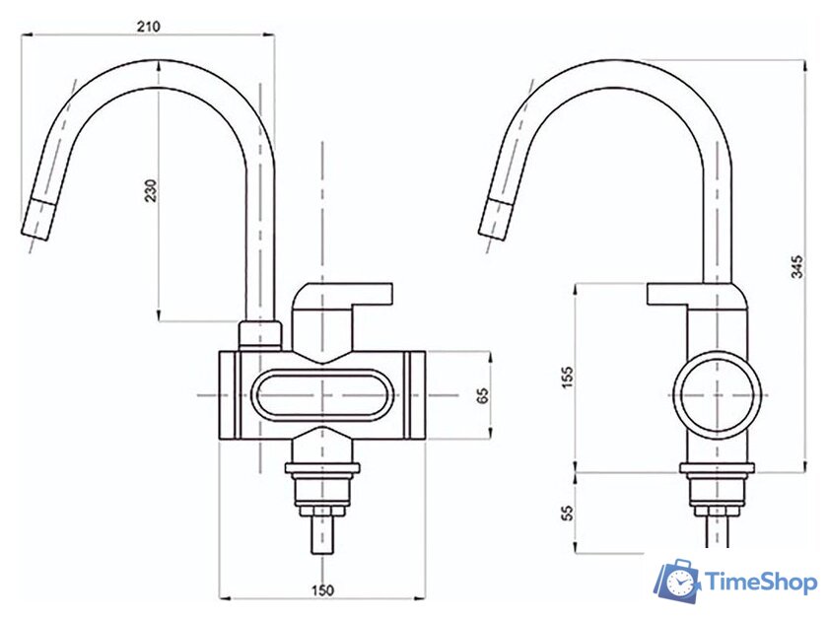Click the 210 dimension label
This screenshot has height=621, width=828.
pyautogui.click(x=149, y=26)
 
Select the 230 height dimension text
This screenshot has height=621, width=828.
pyautogui.click(x=151, y=191)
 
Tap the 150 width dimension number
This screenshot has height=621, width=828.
pyautogui.click(x=321, y=589)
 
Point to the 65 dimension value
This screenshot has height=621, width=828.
pyautogui.click(x=483, y=394)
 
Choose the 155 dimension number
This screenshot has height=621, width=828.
pyautogui.click(x=567, y=378)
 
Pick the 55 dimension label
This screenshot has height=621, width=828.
pyautogui.click(x=567, y=513)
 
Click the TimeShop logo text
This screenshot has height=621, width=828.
pyautogui.click(x=761, y=582)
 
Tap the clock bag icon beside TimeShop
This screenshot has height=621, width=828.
pyautogui.click(x=677, y=582)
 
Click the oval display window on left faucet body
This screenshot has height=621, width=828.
pyautogui.click(x=322, y=395)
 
